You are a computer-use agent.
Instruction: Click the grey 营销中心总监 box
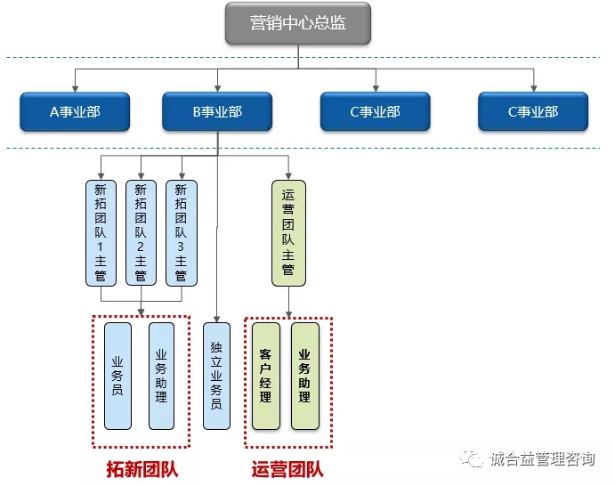tap(298, 23)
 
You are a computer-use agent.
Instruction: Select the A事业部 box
tap(75, 112)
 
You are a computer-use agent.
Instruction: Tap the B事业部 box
tap(217, 112)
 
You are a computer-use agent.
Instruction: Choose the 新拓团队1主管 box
tap(101, 233)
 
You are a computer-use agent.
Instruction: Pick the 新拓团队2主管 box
tap(141, 233)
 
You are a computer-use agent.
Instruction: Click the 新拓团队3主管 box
tap(182, 233)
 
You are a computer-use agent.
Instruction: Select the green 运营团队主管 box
tap(288, 233)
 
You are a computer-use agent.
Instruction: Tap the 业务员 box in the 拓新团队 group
tap(117, 376)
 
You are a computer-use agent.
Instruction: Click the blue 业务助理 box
tap(161, 376)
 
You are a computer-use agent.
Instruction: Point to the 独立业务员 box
tap(216, 376)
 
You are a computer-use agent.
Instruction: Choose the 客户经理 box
tap(266, 376)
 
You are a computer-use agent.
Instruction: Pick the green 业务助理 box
tap(305, 376)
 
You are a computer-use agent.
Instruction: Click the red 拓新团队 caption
tap(142, 469)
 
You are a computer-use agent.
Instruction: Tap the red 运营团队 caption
tap(287, 469)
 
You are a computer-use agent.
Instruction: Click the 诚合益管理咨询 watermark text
tap(542, 458)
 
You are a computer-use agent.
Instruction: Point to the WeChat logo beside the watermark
tap(472, 458)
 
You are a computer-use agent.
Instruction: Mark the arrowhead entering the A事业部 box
tap(75, 89)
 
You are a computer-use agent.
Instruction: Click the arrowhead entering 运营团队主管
tap(288, 176)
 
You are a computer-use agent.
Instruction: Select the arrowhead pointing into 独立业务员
tap(216, 320)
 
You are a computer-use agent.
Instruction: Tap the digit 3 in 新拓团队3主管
tap(181, 247)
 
